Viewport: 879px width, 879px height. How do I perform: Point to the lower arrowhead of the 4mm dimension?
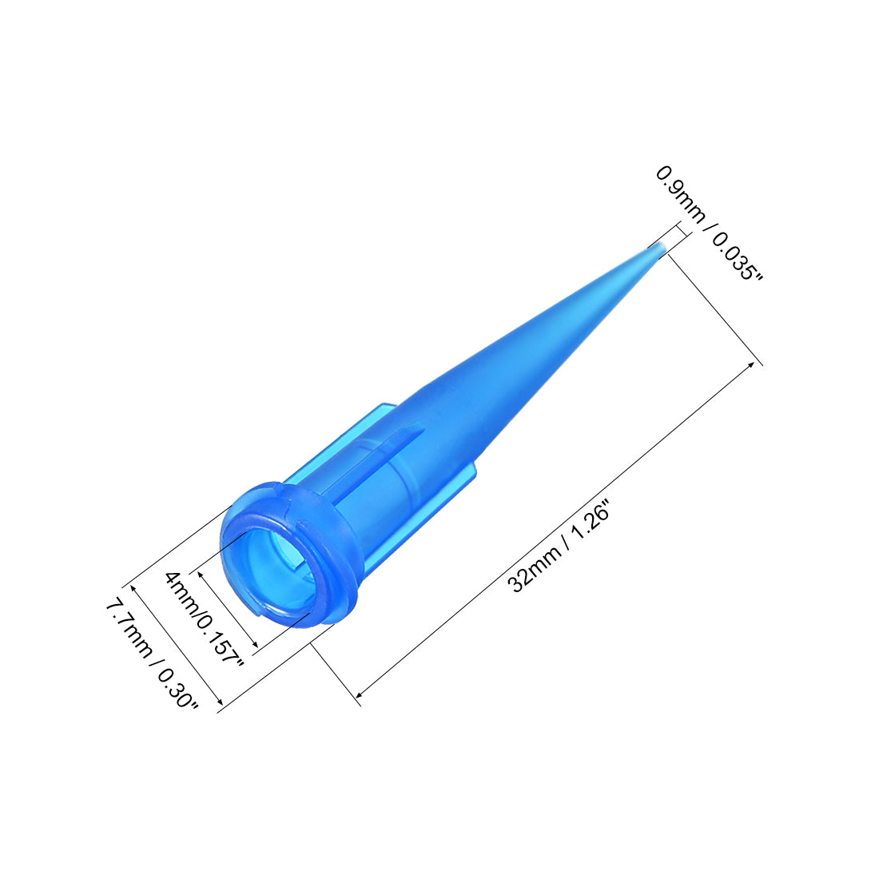click(x=254, y=645)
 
